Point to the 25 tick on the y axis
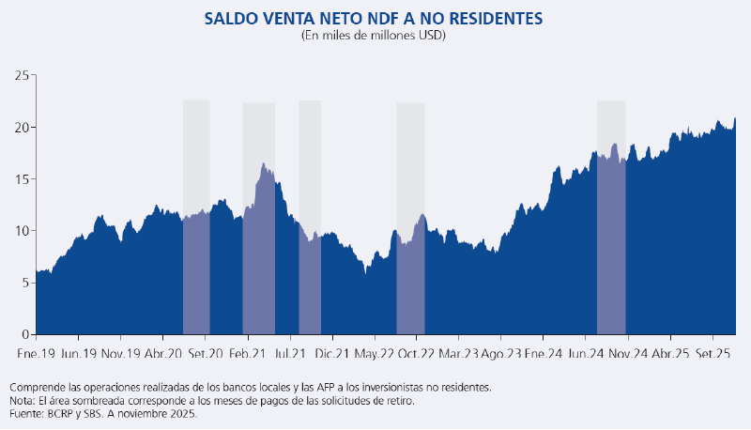pyautogui.click(x=21, y=75)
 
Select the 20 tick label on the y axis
pyautogui.click(x=21, y=128)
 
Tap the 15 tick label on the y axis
pyautogui.click(x=21, y=179)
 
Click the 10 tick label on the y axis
pyautogui.click(x=21, y=231)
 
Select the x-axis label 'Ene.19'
pyautogui.click(x=36, y=354)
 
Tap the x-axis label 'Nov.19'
pyautogui.click(x=120, y=354)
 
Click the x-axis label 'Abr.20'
pyautogui.click(x=162, y=354)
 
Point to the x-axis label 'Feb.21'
pyautogui.click(x=246, y=354)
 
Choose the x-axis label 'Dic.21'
pyautogui.click(x=331, y=354)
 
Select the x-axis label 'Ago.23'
pyautogui.click(x=501, y=354)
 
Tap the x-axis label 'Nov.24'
pyautogui.click(x=628, y=354)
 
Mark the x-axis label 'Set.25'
pyautogui.click(x=713, y=354)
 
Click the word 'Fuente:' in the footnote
pyautogui.click(x=26, y=413)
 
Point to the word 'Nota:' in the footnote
pyautogui.click(x=23, y=400)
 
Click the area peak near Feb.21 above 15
pyautogui.click(x=264, y=164)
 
